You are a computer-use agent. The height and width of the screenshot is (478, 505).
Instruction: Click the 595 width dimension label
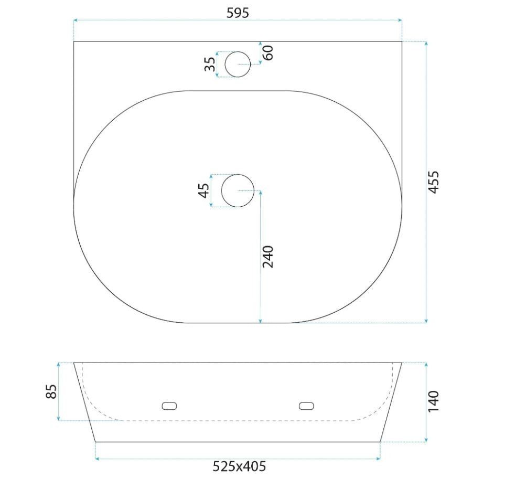[238, 13]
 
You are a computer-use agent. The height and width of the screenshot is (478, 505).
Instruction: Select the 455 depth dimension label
[434, 182]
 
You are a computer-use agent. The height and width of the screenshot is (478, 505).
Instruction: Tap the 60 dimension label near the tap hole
[268, 52]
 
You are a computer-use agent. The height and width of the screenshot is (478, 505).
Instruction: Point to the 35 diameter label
[210, 64]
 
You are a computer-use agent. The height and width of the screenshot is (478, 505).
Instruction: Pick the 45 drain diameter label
[204, 190]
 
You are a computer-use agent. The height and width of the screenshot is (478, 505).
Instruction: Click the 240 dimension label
[268, 257]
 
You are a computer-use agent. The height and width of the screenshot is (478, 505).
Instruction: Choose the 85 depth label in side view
[51, 391]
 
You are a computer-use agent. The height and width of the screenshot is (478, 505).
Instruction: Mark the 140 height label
[434, 401]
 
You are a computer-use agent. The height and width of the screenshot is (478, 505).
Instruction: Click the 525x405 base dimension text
[239, 466]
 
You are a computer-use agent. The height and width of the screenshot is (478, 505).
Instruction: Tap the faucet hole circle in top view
[238, 51]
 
